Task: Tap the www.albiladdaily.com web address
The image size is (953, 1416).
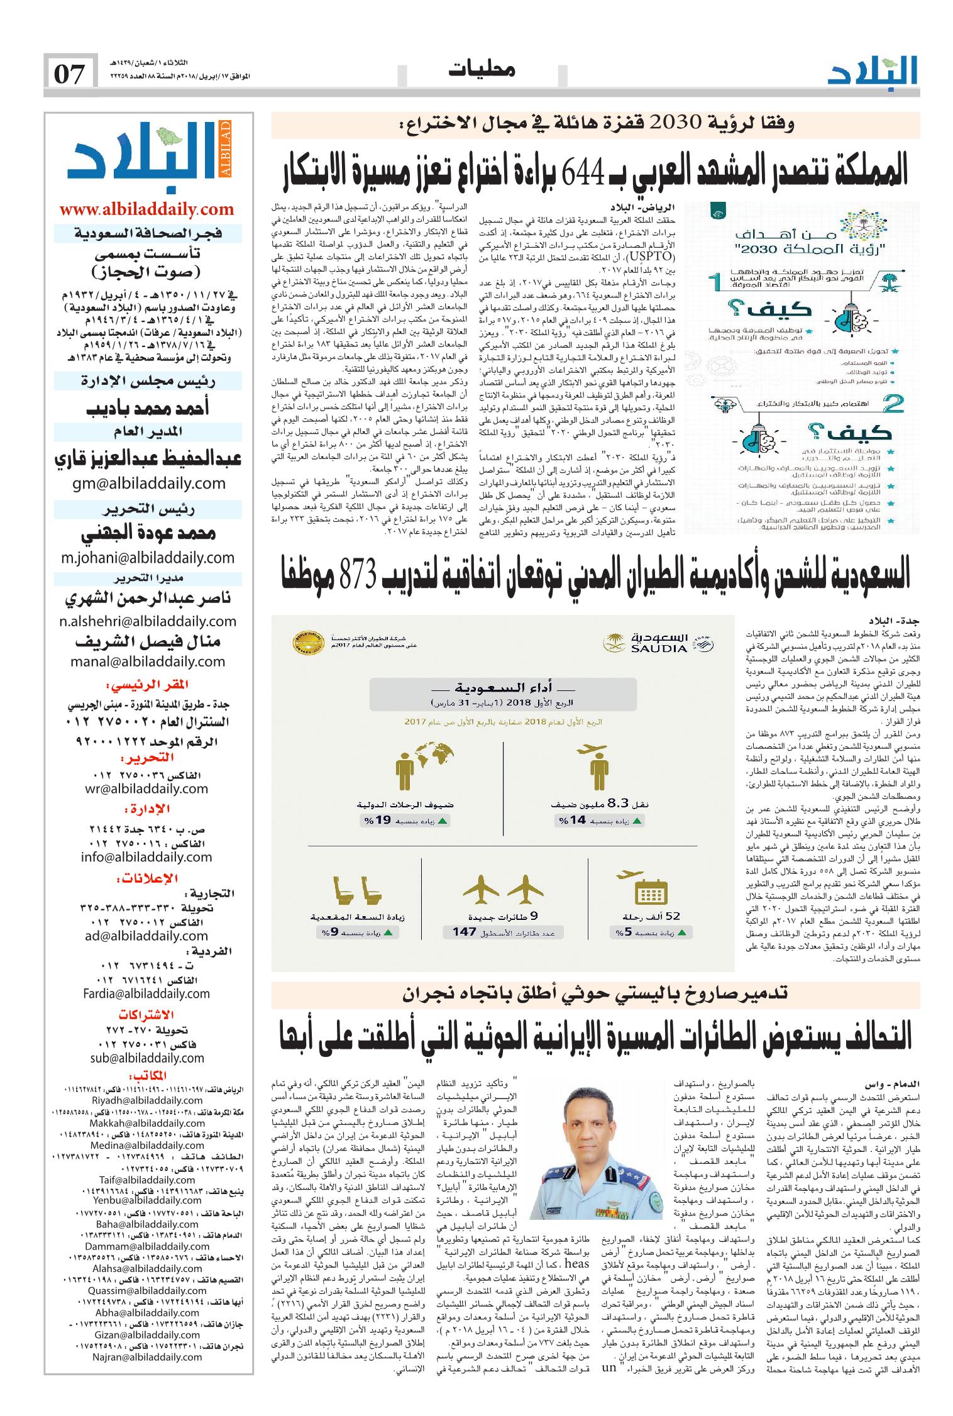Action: [146, 209]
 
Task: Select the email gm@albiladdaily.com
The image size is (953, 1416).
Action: [146, 483]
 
